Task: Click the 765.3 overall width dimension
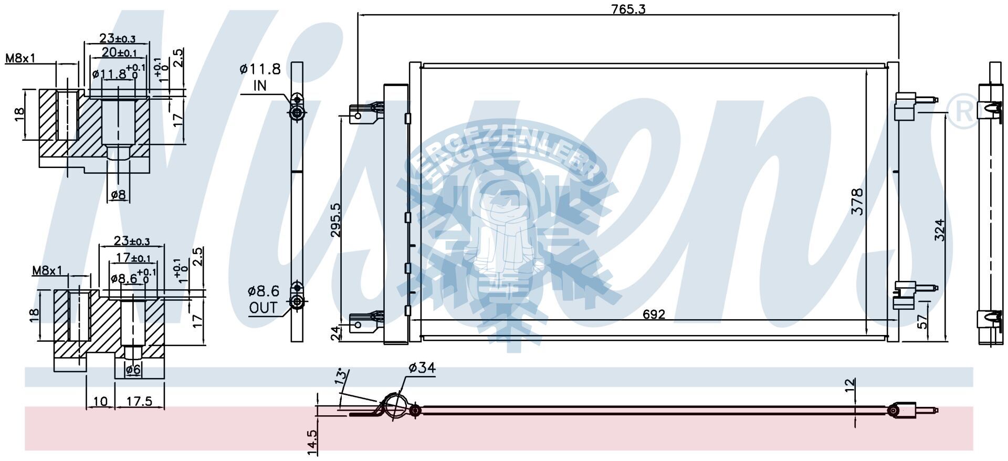tap(627, 9)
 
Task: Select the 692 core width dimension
tap(654, 314)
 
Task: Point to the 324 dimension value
tap(939, 230)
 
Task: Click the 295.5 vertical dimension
tap(335, 221)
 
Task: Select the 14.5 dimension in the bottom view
tap(312, 441)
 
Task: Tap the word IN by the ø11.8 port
tap(260, 86)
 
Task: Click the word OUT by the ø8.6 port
tap(263, 308)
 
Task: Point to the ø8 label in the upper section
tap(119, 195)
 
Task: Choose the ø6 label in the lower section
tap(133, 370)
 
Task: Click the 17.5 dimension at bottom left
tap(139, 402)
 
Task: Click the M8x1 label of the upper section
tap(20, 58)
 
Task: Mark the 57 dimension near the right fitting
tap(922, 321)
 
